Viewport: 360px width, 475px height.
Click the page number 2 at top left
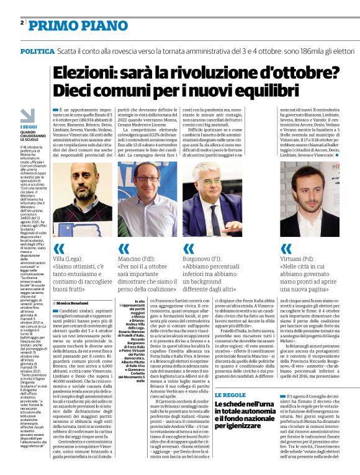pos(22,22)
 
